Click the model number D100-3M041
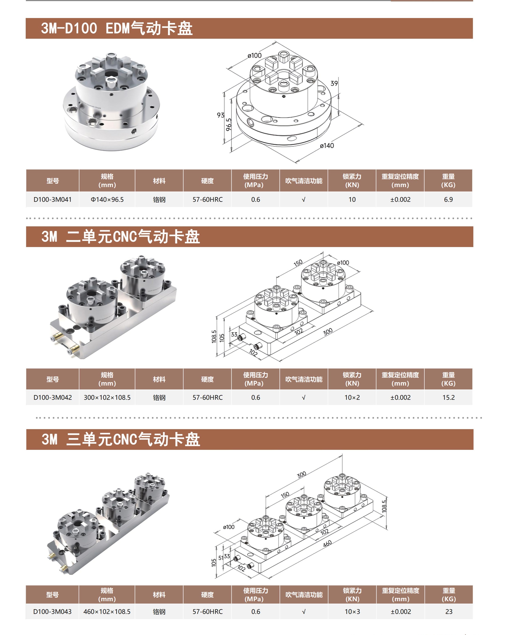tap(52, 199)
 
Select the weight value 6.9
tap(448, 199)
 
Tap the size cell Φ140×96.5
tap(107, 199)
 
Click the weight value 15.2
tap(448, 397)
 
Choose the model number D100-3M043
tap(52, 612)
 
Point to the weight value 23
tap(448, 612)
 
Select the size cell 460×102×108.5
tap(107, 612)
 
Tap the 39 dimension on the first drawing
tap(334, 83)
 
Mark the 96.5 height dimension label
tap(229, 125)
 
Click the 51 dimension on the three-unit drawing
tap(221, 558)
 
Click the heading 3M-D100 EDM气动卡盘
tap(117, 28)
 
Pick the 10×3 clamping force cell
tap(352, 612)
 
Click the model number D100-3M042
tap(52, 397)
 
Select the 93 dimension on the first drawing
tap(220, 115)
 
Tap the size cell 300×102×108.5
tap(107, 397)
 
